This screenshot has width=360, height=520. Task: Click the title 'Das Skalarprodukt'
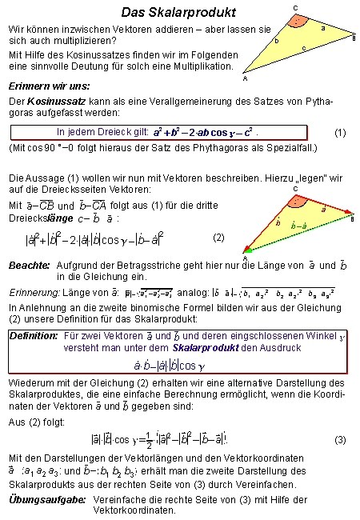[178, 13]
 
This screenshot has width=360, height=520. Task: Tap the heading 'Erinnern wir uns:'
[48, 85]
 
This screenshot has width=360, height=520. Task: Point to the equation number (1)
[340, 132]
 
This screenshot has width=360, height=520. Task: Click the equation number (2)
[219, 238]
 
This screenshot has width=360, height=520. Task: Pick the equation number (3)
[340, 440]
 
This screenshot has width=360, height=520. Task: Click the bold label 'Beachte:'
[29, 264]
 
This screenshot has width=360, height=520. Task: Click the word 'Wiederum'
[30, 382]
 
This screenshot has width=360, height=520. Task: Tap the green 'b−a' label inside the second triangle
[298, 227]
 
